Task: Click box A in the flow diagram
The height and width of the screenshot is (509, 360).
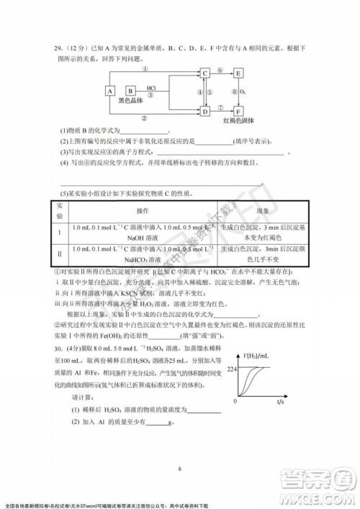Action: point(110,91)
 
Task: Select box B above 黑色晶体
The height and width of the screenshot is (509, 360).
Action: point(130,91)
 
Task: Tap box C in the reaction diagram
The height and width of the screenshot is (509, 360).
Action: point(204,73)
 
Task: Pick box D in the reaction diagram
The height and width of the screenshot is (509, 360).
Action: point(204,111)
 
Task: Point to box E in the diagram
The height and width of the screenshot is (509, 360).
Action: point(238,73)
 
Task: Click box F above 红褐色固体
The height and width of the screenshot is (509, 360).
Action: point(238,111)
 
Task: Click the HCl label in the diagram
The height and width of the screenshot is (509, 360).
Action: point(150,87)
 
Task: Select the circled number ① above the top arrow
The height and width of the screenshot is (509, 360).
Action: point(146,68)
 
